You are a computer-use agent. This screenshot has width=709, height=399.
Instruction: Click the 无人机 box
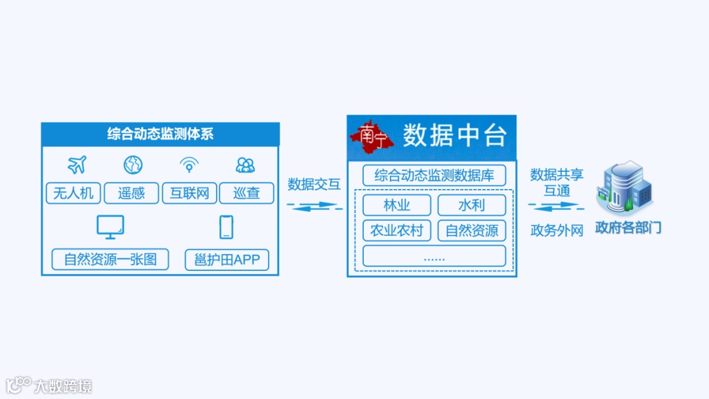coord(74,193)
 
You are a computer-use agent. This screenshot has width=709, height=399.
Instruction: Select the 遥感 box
coord(131,193)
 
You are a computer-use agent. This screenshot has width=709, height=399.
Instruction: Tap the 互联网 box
coord(189,193)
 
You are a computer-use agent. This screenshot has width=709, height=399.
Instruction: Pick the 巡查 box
coord(246,193)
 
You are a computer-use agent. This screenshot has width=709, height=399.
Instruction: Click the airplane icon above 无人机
coord(77,165)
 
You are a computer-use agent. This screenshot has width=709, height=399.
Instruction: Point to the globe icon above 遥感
coord(133,165)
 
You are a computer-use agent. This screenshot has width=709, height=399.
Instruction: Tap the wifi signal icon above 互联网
coord(189,165)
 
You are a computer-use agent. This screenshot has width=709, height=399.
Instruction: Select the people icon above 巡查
coord(246,165)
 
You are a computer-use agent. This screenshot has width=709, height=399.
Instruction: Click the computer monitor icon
coord(110,227)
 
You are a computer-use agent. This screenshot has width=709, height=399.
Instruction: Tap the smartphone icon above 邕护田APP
coord(226,227)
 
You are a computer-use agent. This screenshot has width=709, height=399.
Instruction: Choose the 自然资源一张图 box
coord(110,259)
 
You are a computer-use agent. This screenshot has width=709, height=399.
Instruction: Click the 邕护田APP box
coord(227,259)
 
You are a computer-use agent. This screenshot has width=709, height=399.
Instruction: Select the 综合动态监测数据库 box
coord(434,175)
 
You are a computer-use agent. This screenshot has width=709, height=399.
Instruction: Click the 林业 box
coord(397,205)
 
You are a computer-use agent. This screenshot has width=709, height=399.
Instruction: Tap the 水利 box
coord(471,205)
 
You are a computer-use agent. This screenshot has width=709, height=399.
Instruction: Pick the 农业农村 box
coord(397,230)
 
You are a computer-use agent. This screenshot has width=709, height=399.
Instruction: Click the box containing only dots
coord(434,256)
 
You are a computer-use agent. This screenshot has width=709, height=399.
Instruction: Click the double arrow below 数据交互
coord(314,206)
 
